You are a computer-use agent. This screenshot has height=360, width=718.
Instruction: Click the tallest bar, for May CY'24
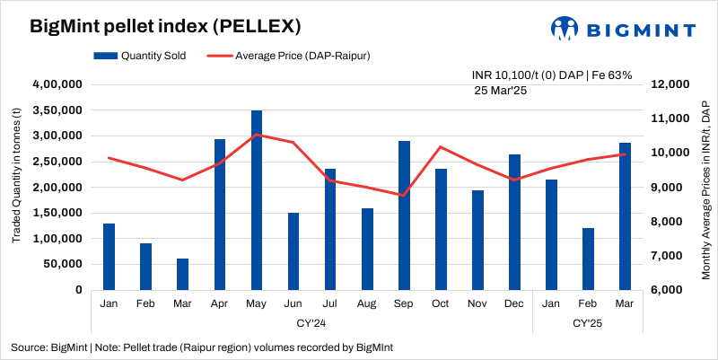click(256, 200)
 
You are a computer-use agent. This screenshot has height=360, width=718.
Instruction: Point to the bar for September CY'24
click(404, 215)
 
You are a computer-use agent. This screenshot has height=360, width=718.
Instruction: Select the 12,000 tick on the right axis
click(668, 84)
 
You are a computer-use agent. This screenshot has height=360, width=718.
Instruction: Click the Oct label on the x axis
click(441, 304)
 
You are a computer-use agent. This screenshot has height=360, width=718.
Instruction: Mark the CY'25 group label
click(587, 321)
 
